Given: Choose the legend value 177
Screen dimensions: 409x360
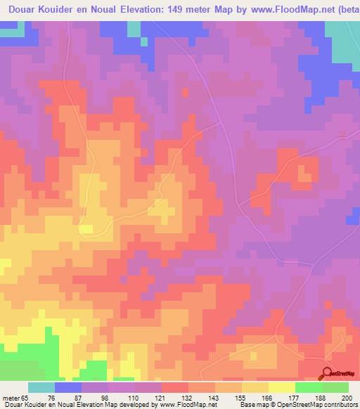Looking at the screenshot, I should (x=302, y=378).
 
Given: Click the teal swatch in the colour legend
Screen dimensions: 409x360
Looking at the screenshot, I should (x=41, y=388).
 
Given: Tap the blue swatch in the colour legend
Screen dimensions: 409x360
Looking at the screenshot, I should (x=68, y=388).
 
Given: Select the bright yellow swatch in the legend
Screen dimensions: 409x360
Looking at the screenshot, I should (x=282, y=388).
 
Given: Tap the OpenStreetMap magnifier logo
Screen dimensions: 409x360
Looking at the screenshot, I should (x=327, y=373).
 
